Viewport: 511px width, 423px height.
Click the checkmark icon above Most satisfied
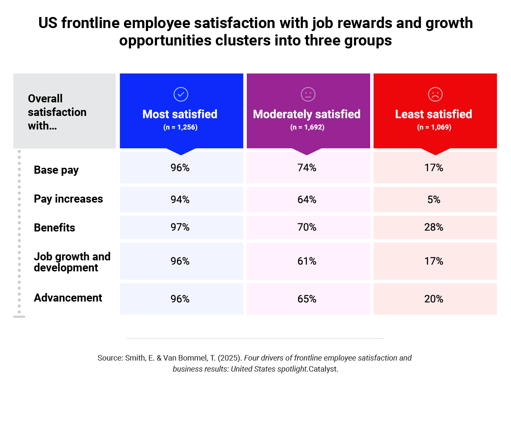click(x=181, y=94)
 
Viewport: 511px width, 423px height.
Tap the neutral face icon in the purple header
click(x=308, y=94)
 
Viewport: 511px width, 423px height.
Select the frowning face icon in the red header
click(x=435, y=94)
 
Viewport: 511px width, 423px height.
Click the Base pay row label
click(x=56, y=170)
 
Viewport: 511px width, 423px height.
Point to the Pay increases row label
click(x=68, y=199)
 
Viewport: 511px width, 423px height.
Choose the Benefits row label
click(x=54, y=228)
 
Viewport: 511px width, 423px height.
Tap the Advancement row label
click(x=68, y=298)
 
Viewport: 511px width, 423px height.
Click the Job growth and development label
click(x=72, y=262)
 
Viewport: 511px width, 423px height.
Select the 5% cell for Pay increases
click(x=434, y=200)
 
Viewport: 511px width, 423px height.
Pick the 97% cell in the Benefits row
click(x=180, y=228)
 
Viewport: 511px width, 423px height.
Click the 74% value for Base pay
click(x=307, y=168)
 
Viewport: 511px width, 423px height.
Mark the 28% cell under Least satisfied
click(x=434, y=228)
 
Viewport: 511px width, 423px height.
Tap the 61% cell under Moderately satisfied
click(x=307, y=262)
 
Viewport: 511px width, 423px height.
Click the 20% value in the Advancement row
click(x=434, y=299)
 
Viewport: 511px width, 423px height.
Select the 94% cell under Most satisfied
click(x=180, y=200)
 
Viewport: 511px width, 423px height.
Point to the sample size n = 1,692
click(x=307, y=127)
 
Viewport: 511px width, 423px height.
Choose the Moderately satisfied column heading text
click(x=307, y=114)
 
